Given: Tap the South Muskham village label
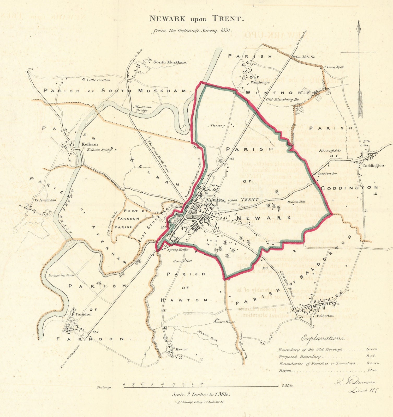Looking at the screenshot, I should coord(170,62).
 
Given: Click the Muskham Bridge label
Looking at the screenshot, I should coord(141,108).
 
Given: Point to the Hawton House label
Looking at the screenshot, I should coord(224,322).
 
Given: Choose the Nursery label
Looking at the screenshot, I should coord(216,125).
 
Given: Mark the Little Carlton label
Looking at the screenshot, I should coord(98,80).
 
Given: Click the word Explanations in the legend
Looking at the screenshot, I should coord(323,339).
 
